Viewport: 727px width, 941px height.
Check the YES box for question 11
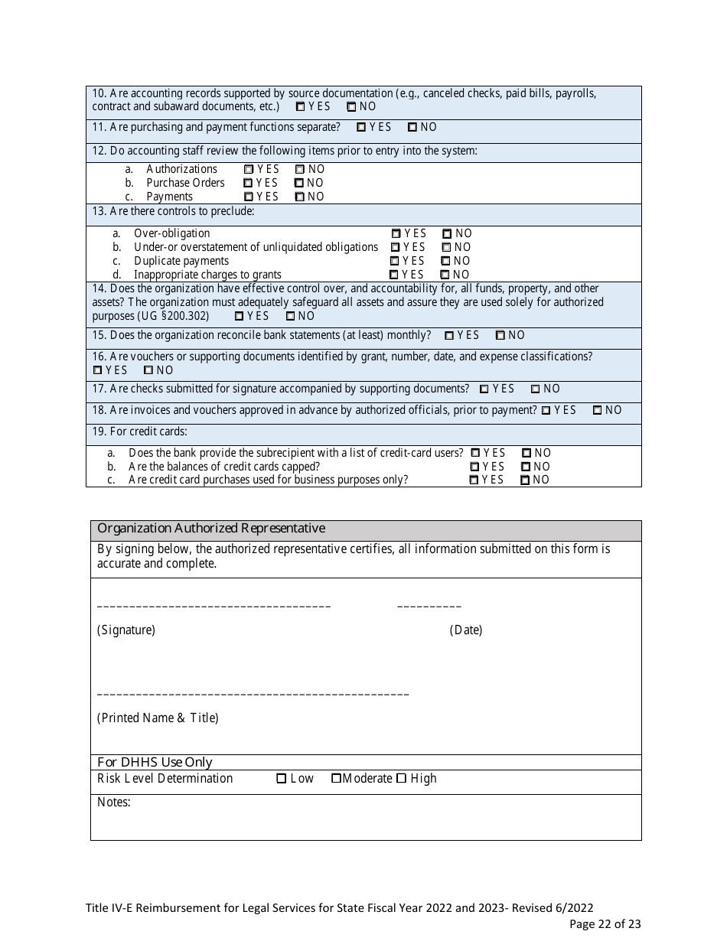coord(361,128)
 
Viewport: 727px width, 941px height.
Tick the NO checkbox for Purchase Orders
coord(299,184)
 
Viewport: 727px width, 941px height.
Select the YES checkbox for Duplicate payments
coord(395,262)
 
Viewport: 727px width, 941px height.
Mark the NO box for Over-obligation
coord(447,234)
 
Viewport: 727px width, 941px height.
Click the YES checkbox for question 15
coord(449,336)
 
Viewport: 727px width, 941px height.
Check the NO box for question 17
coord(536,389)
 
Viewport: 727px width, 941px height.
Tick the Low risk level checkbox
coord(282,779)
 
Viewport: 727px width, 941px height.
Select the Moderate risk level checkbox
coord(336,779)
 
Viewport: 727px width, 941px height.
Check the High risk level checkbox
coord(401,779)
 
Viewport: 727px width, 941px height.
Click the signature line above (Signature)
coord(214,607)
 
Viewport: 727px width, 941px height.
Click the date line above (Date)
coord(429,607)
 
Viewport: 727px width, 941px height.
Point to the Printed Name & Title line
coord(253,694)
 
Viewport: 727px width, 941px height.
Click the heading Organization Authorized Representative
coord(211,529)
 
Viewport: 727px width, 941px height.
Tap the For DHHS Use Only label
coord(155,762)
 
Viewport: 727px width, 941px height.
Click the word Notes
coord(113,803)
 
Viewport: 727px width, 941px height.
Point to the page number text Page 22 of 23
coord(605,924)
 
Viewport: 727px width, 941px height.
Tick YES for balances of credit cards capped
coord(474,467)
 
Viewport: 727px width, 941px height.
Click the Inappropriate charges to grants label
coord(207,275)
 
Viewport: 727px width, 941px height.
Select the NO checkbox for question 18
coord(598,411)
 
